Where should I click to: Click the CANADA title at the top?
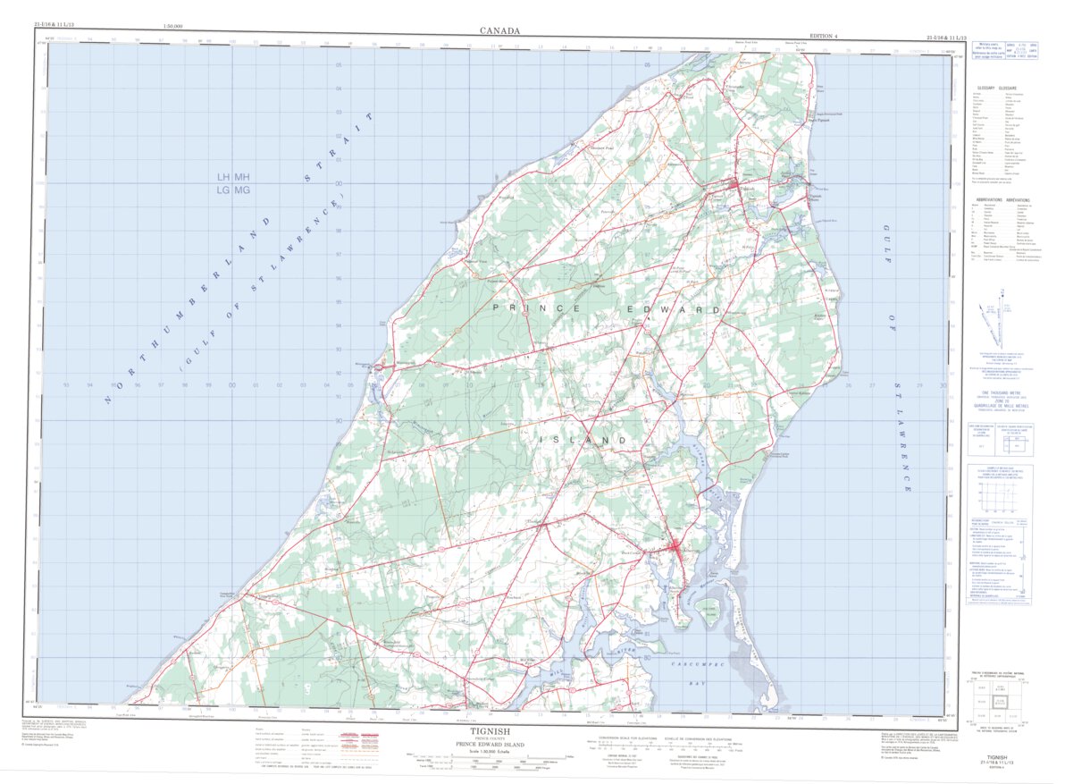(x=499, y=30)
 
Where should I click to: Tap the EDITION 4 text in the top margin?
(x=824, y=36)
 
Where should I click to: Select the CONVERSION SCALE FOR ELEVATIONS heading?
(x=620, y=738)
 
